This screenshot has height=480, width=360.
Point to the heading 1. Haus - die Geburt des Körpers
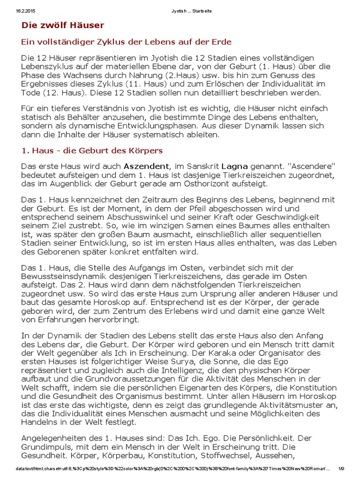[x=92, y=150]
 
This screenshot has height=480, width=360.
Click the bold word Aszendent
[x=146, y=166]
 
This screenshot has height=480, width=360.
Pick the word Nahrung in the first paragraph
[x=171, y=75]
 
